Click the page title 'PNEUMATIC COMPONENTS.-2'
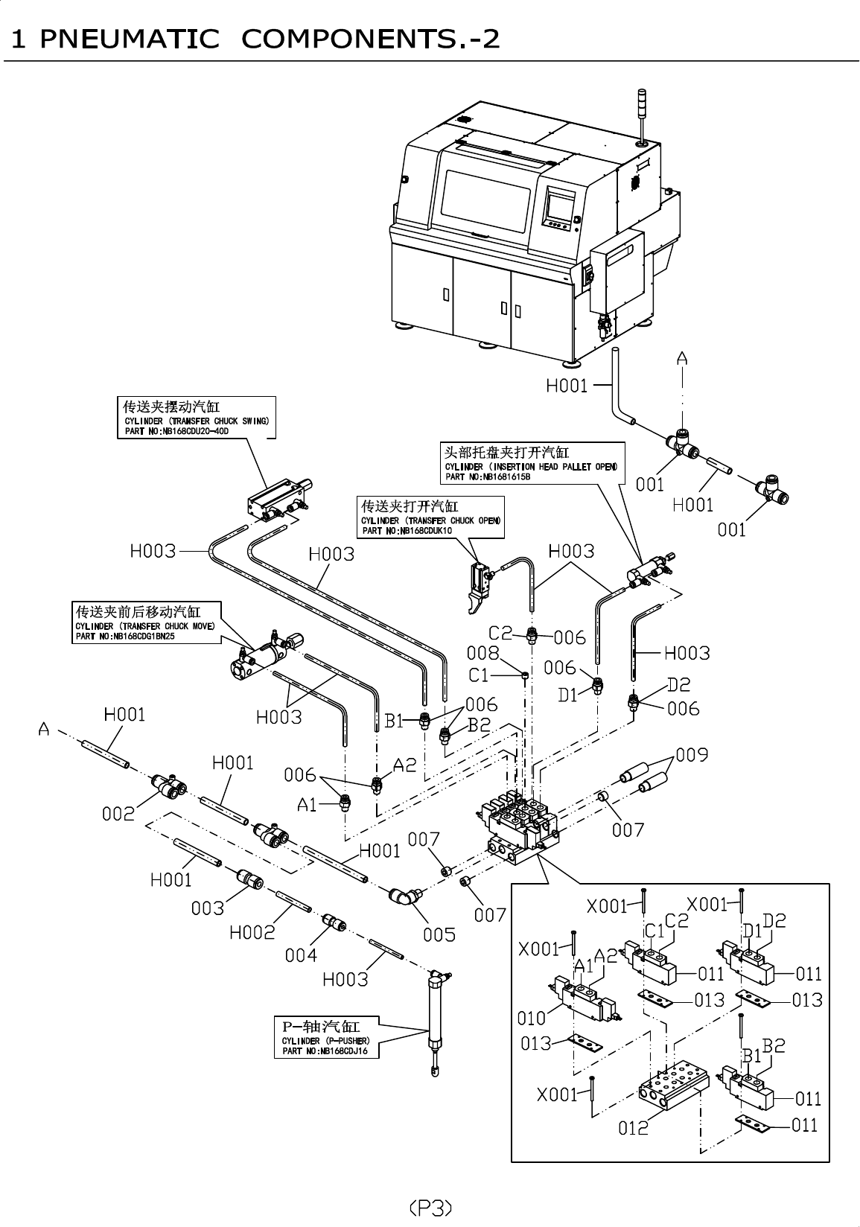click(253, 38)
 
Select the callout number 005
click(439, 934)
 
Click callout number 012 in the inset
click(634, 1128)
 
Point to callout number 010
click(532, 1017)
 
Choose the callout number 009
click(692, 755)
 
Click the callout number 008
click(482, 653)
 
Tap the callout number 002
click(118, 814)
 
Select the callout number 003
click(208, 908)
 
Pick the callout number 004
click(301, 954)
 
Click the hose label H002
click(252, 931)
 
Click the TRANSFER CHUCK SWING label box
click(196, 417)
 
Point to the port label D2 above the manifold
click(678, 684)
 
